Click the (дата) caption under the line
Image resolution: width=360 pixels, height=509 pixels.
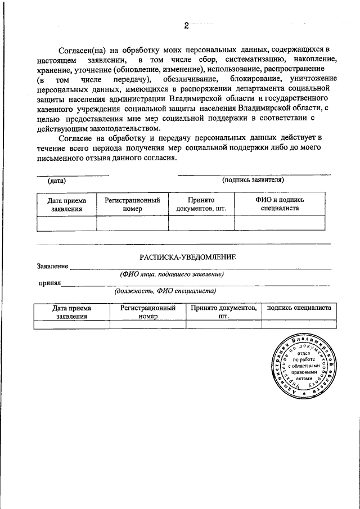coord(57,181)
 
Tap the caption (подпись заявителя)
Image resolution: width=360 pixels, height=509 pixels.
coord(253,181)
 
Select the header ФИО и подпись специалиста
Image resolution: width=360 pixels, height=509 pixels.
coord(280,204)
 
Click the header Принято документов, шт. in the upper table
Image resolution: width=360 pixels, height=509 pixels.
coord(201,204)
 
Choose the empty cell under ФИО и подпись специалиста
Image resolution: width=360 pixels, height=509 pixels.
coord(280,223)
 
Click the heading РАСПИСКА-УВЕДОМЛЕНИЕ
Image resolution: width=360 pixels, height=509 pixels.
coord(188,257)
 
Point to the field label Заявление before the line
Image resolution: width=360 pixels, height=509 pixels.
coord(52,266)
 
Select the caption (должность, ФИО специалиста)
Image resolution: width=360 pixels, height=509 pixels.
coord(165,292)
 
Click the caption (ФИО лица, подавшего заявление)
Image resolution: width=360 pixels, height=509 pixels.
coord(172,274)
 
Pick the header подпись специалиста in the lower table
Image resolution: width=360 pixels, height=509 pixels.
coord(299,308)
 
